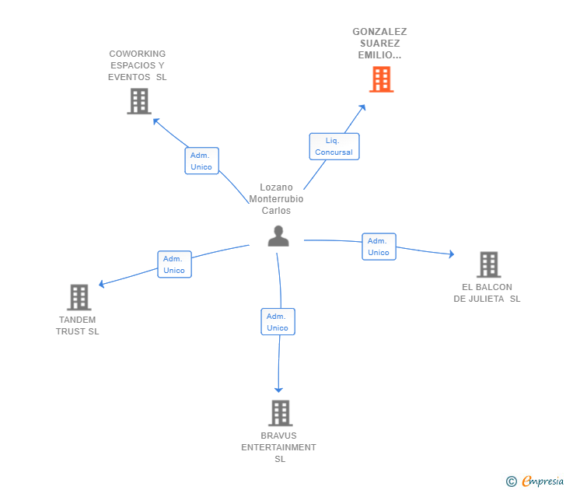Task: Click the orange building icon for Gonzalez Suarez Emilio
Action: click(381, 79)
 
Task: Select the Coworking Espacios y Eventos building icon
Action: click(138, 101)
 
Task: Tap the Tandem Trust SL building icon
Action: click(79, 297)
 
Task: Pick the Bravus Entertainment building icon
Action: click(280, 413)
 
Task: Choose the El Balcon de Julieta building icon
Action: click(488, 264)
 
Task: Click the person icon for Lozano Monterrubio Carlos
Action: click(278, 236)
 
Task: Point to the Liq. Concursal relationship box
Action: click(334, 146)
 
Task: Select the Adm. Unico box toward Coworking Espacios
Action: click(201, 161)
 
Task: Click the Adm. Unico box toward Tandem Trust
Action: click(174, 264)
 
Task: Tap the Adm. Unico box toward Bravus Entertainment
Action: click(278, 322)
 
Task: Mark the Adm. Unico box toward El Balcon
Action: click(379, 247)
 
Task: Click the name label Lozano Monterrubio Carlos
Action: click(276, 199)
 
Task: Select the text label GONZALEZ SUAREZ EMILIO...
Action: click(379, 44)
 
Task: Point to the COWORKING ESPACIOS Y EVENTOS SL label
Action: click(138, 65)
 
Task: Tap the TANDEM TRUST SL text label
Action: click(78, 325)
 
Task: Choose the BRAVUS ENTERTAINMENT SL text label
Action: click(279, 447)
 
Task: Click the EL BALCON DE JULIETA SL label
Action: click(487, 292)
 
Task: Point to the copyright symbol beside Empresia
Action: click(512, 481)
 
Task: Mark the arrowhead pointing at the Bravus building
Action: click(278, 389)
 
